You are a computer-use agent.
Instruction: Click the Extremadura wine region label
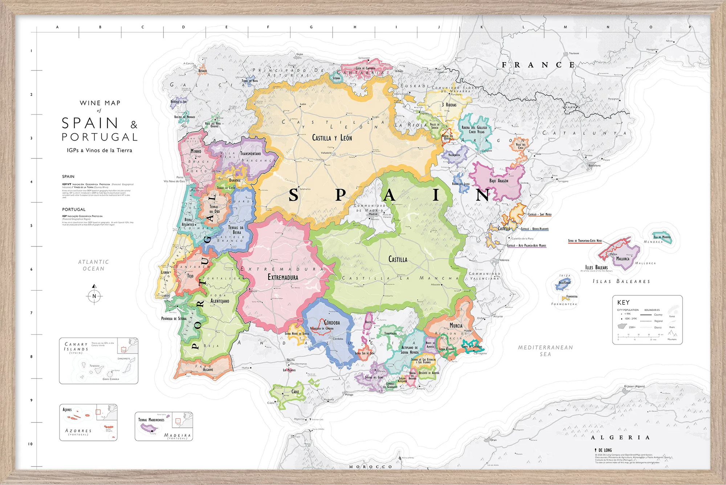point(283,277)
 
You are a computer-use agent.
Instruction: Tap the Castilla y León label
point(332,138)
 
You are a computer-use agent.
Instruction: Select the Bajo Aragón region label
point(499,181)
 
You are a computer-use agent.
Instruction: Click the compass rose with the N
point(94,296)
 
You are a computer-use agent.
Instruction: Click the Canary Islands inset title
point(76,347)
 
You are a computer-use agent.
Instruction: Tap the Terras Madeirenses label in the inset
point(151,420)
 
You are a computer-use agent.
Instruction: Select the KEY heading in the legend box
point(623,302)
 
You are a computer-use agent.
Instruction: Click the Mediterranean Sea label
point(545,351)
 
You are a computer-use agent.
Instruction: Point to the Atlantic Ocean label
point(94,265)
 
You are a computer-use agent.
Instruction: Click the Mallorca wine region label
point(623,259)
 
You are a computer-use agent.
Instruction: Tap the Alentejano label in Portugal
point(220,301)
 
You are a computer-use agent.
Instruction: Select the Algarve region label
point(208,369)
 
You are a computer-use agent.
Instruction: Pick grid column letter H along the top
point(355,27)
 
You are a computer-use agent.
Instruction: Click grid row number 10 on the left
point(30,444)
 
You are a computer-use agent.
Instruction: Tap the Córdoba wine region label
point(331,323)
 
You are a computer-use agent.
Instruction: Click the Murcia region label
point(456,326)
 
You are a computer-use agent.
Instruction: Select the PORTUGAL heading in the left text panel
point(74,209)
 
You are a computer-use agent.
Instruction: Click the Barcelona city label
point(594,165)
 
